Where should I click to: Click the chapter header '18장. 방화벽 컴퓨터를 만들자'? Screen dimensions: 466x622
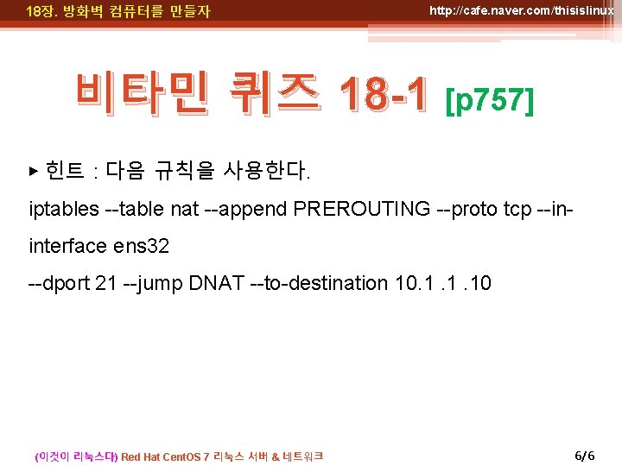tap(118, 12)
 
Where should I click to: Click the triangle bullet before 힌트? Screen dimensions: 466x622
tap(35, 171)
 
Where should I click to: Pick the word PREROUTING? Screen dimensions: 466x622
tap(362, 209)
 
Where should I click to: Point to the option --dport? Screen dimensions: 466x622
tap(59, 283)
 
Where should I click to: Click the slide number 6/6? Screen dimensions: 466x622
tap(585, 455)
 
